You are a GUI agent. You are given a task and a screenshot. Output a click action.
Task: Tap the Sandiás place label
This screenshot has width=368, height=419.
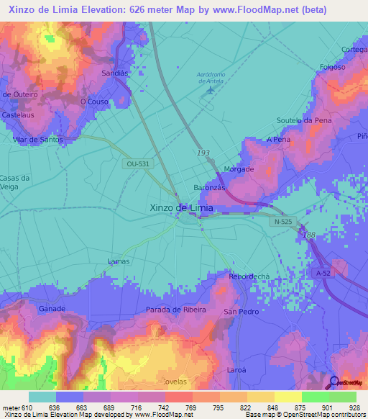coord(116,73)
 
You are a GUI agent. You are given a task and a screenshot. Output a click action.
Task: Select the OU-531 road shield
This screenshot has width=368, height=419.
coord(137,164)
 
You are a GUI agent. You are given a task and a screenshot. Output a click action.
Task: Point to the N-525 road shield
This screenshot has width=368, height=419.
coord(282,222)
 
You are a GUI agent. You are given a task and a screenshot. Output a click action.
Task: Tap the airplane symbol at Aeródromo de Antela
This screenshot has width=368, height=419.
coord(209,99)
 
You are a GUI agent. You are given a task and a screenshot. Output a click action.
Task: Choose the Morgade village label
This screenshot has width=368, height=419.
coord(239,169)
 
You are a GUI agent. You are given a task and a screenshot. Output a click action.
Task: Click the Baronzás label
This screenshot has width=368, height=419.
coord(210,187)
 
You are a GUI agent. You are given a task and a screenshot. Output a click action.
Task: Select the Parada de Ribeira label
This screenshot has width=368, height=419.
coord(175,310)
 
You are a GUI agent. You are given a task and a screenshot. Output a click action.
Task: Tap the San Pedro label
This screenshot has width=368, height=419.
coord(241,312)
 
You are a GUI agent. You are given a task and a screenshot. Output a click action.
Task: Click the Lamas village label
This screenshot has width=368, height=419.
coord(118,261)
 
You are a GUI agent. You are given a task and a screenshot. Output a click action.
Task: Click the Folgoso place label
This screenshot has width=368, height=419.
coord(333,68)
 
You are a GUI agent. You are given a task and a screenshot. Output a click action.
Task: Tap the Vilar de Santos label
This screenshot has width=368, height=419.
coord(37,139)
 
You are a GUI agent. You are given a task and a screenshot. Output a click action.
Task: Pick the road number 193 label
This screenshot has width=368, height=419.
coord(204,154)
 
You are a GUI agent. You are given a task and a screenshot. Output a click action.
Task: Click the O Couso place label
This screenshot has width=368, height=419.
coord(93,102)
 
